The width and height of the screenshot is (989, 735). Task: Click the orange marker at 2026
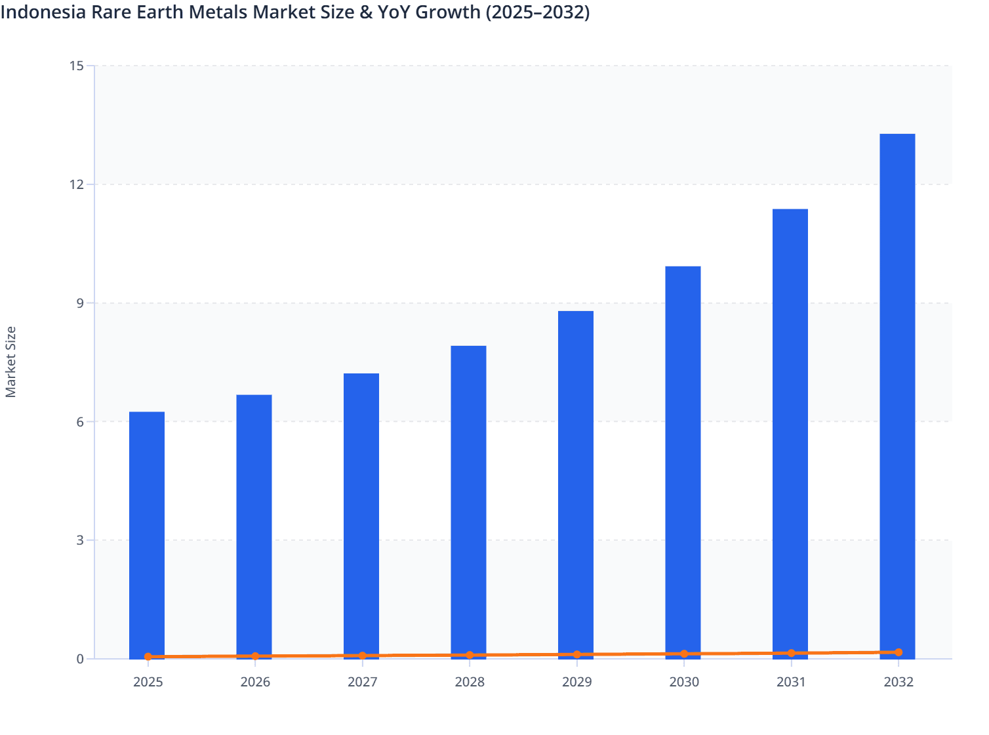point(255,656)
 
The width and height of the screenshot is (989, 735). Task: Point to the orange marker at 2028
point(470,655)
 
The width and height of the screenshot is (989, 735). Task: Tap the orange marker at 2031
point(791,653)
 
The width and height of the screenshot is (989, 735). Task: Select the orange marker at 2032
point(898,652)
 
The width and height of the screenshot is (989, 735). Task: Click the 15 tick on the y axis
point(76,66)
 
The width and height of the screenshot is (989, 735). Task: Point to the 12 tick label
point(76,184)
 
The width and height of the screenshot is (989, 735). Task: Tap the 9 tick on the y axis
point(79,303)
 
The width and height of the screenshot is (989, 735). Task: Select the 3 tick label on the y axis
point(79,540)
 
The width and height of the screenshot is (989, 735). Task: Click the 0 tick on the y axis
point(79,659)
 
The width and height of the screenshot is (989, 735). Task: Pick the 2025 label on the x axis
point(148,682)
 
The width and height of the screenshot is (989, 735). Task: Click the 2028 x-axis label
point(470,682)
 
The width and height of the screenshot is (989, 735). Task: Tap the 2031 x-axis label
point(791,682)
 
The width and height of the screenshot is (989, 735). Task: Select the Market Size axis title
point(10,362)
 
